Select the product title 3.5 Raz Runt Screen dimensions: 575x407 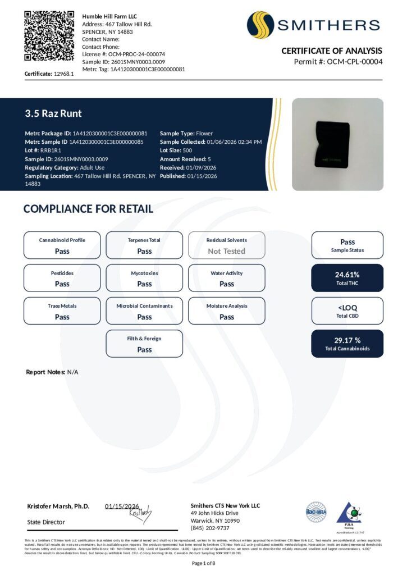pyautogui.click(x=53, y=113)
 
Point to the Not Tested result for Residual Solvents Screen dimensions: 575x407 pyautogui.click(x=227, y=251)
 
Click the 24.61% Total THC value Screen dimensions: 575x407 pyautogui.click(x=347, y=275)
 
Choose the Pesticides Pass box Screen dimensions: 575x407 pyautogui.click(x=62, y=278)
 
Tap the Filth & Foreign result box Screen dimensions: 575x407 pyautogui.click(x=144, y=344)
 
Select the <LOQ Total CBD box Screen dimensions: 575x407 pyautogui.click(x=347, y=311)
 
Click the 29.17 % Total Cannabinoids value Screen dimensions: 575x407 pyautogui.click(x=347, y=340)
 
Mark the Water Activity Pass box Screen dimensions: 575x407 pyautogui.click(x=227, y=278)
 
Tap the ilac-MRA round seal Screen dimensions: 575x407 pyautogui.click(x=315, y=511)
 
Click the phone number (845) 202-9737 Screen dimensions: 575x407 pyautogui.click(x=210, y=528)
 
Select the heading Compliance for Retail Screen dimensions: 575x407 pyautogui.click(x=88, y=209)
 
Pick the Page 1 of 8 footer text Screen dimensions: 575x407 pyautogui.click(x=203, y=563)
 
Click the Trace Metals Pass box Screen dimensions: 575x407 pyautogui.click(x=62, y=311)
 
